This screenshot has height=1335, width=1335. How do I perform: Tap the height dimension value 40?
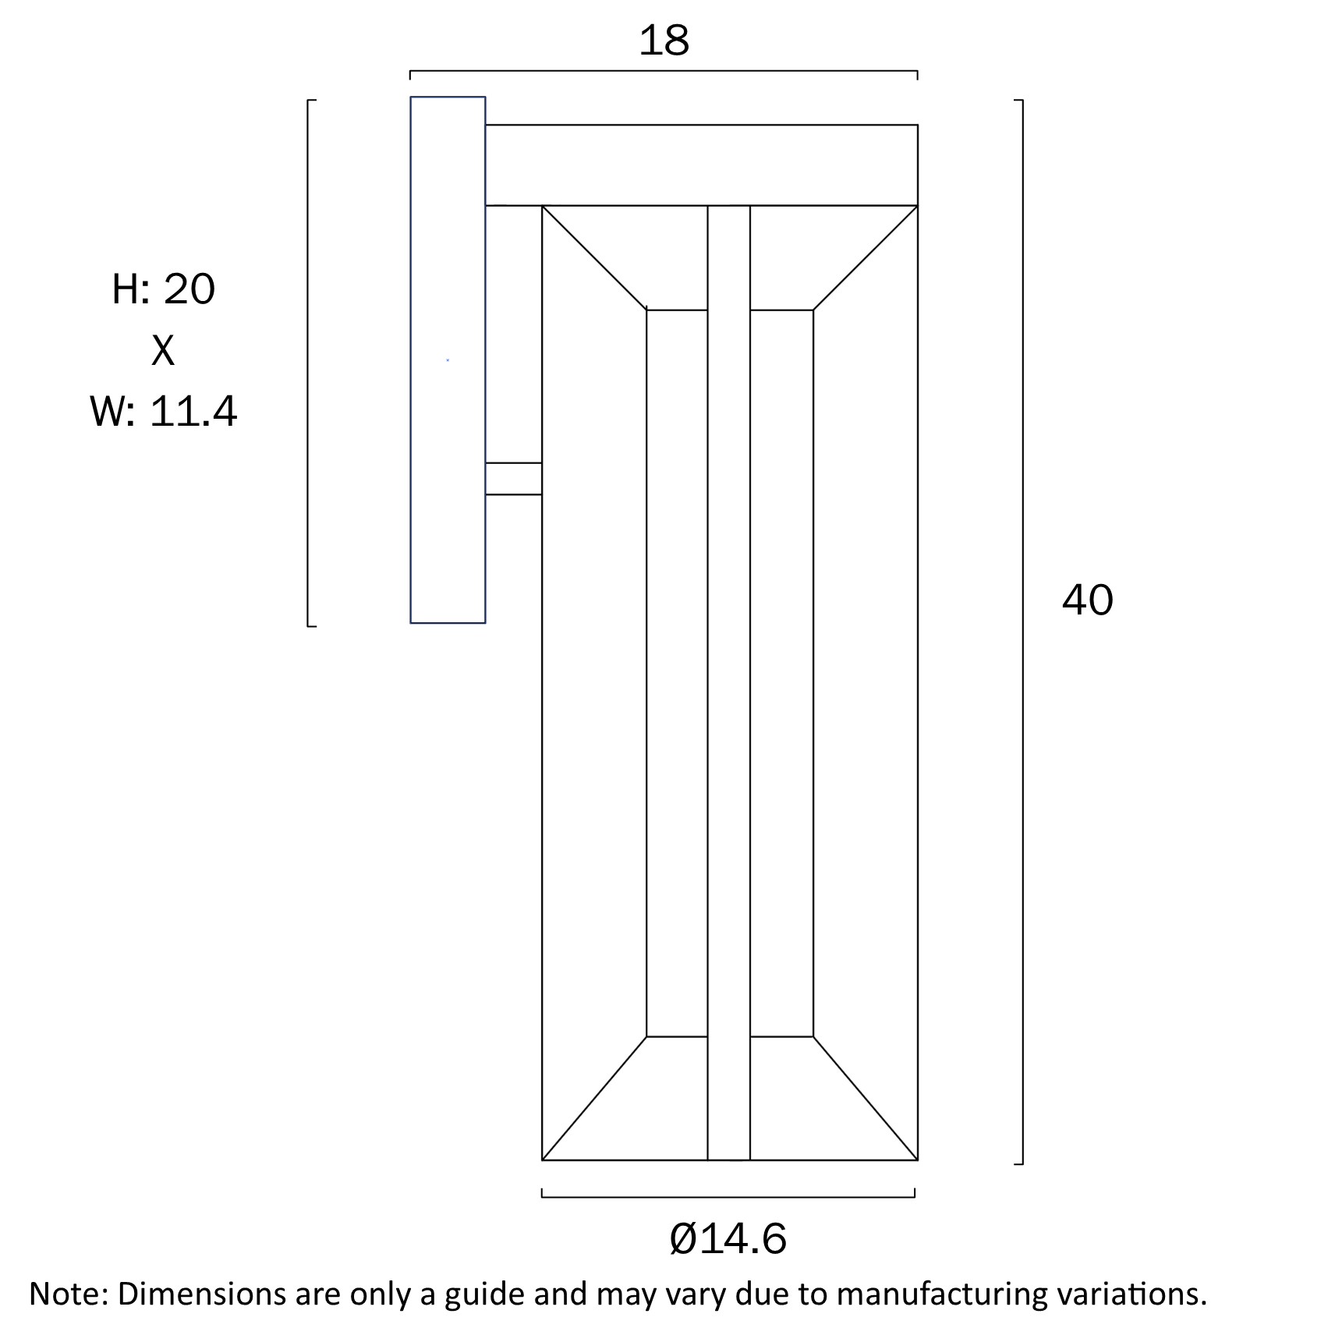[x=1087, y=600]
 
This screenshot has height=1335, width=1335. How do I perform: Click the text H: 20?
[x=163, y=289]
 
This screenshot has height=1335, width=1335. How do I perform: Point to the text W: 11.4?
[x=163, y=411]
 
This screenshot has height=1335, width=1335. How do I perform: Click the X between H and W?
[x=163, y=351]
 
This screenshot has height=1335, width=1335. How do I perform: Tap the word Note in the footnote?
[x=66, y=1294]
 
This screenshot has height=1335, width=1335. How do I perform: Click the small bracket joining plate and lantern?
[x=513, y=478]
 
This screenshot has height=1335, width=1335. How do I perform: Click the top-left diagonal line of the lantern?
[x=594, y=258]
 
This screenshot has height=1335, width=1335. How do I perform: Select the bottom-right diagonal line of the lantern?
[x=866, y=1098]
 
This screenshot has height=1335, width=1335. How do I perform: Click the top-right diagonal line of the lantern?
[x=866, y=258]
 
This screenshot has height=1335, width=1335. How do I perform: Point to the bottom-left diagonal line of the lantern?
[x=594, y=1098]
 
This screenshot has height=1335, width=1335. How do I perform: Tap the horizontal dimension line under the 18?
[x=664, y=71]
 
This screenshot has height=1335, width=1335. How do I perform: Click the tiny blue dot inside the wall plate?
[x=448, y=359]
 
